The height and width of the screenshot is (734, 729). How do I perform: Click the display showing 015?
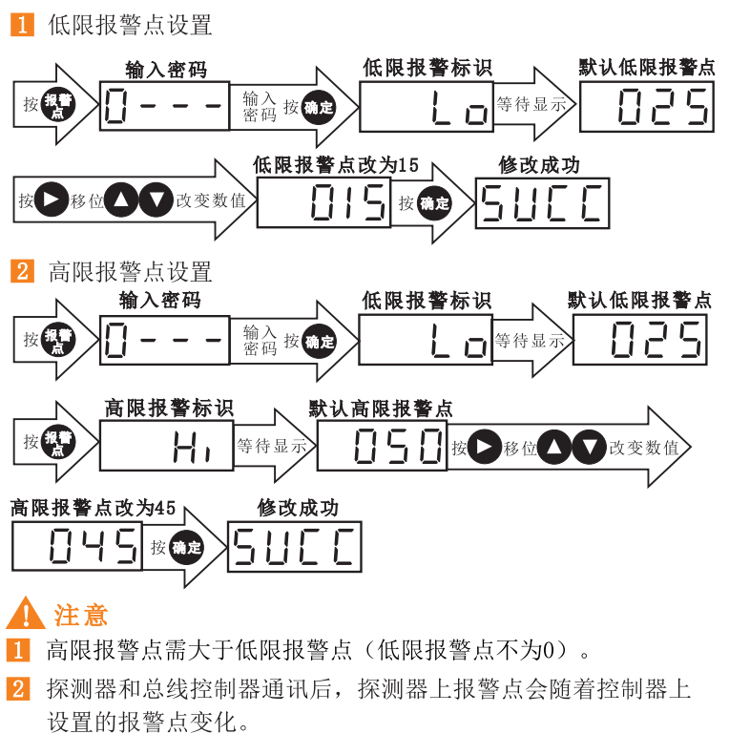pos(323,202)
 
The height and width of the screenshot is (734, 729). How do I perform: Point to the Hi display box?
pos(167,446)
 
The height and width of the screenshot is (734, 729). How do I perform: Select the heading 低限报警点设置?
pos(130,26)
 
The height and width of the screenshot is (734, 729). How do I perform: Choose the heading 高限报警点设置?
pos(130,272)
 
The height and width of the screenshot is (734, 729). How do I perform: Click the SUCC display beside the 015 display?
pos(542,202)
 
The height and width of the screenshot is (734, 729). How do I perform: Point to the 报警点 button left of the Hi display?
pos(58,444)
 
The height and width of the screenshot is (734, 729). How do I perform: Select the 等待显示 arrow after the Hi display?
pos(273,446)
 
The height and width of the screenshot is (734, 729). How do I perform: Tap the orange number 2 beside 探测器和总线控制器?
pos(19,689)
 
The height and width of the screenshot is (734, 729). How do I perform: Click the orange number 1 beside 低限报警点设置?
pos(19,26)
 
